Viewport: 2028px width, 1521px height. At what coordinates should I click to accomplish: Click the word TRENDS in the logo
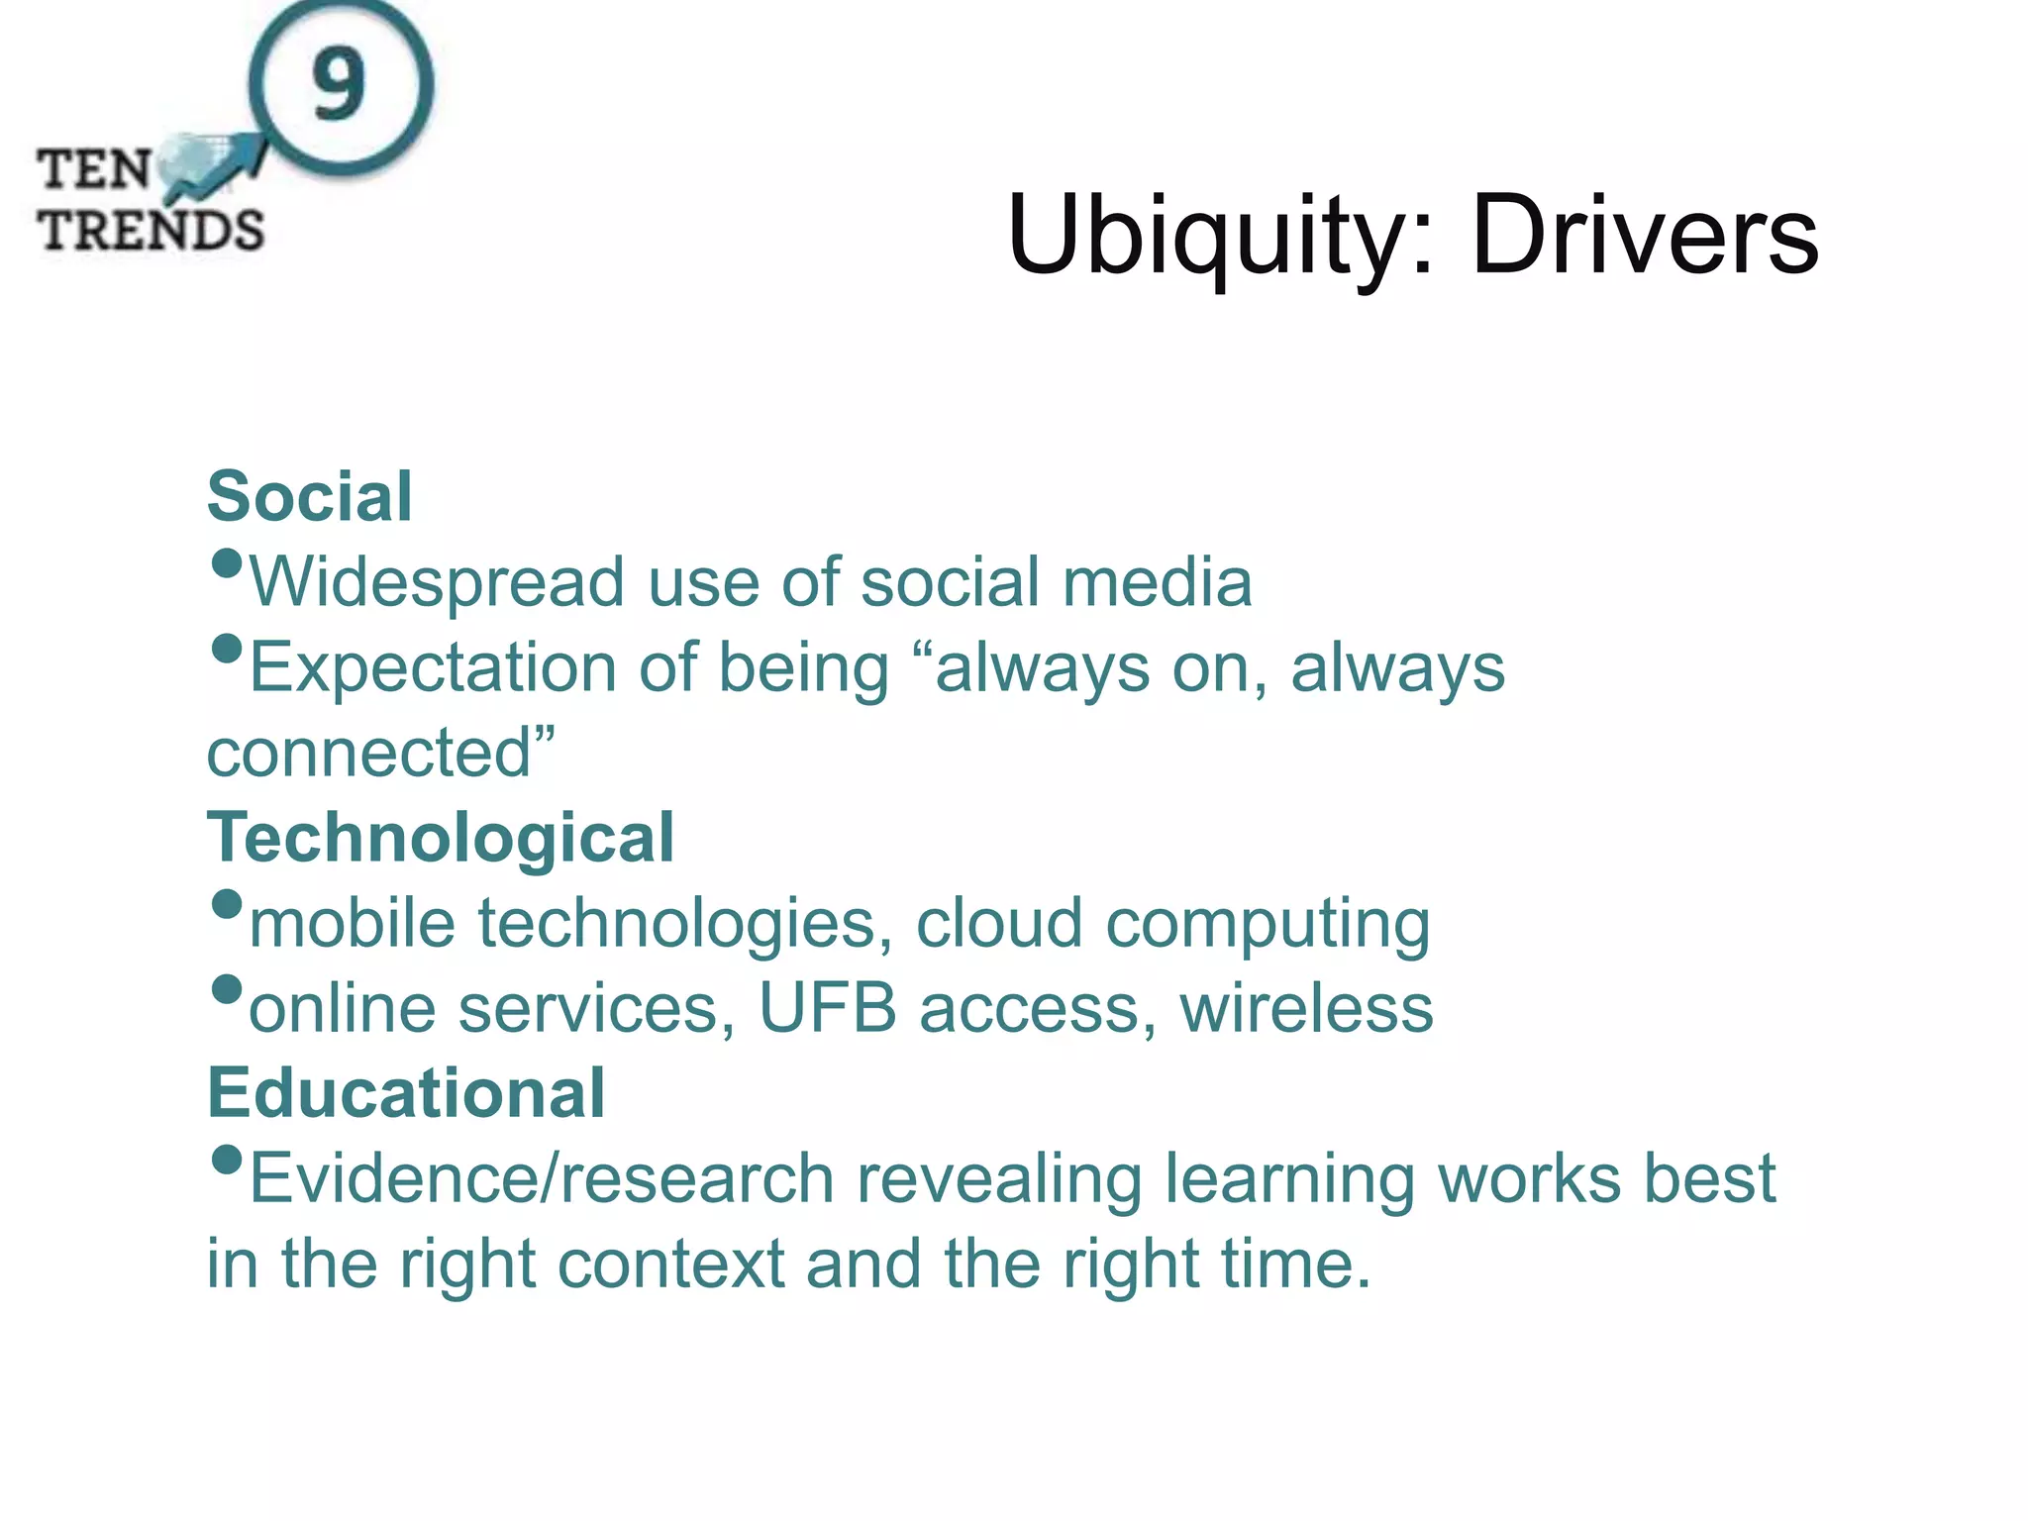[x=152, y=231]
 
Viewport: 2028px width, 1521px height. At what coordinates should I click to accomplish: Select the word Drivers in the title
[x=1644, y=238]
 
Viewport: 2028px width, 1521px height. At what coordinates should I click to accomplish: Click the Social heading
[x=309, y=496]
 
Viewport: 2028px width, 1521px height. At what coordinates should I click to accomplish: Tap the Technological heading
[x=441, y=838]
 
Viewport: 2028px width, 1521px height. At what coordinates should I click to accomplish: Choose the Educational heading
[x=406, y=1093]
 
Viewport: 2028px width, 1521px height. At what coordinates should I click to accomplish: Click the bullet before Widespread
[x=228, y=564]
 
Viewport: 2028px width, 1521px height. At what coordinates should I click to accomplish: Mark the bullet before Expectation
[x=228, y=650]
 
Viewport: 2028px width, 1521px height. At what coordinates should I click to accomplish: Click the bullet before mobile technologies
[x=228, y=904]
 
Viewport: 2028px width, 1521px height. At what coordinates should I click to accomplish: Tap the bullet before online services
[x=228, y=989]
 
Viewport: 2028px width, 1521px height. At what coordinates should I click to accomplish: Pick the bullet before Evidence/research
[x=228, y=1160]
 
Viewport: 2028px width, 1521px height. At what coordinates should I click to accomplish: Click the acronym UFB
[x=828, y=1009]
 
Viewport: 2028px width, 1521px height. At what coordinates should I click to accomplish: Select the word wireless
[x=1306, y=1009]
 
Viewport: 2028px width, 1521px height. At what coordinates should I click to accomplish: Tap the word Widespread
[x=437, y=582]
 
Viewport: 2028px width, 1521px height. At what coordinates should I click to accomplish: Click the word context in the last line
[x=670, y=1265]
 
